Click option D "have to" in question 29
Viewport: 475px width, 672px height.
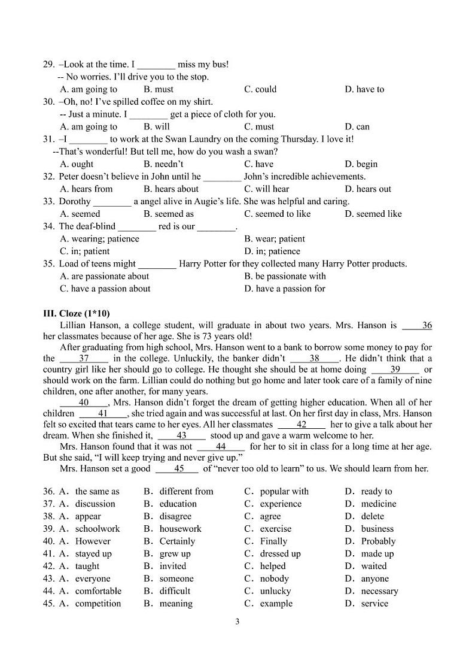(x=364, y=89)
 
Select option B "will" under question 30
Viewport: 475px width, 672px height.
(x=157, y=126)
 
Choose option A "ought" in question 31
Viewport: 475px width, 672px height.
(x=77, y=164)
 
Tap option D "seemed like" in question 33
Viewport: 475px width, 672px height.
(x=373, y=214)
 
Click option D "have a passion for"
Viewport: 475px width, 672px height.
(x=285, y=289)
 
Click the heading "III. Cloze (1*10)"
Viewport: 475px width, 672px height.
(x=76, y=313)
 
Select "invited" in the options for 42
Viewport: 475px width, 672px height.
(x=172, y=566)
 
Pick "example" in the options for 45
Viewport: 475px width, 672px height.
(x=276, y=604)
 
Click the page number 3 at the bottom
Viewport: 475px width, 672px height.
(x=237, y=621)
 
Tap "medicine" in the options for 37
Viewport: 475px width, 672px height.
(x=378, y=504)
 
